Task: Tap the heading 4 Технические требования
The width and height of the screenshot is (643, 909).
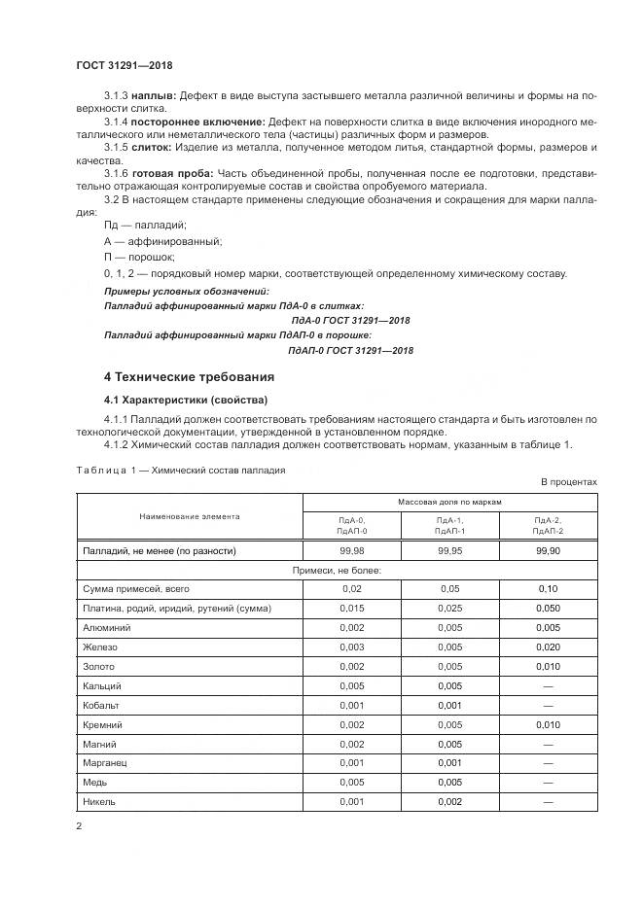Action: tap(189, 376)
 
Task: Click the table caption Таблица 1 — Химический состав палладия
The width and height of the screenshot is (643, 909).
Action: tap(180, 470)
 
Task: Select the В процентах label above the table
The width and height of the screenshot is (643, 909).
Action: tap(568, 482)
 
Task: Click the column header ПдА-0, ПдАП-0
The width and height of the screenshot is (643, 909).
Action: tap(351, 526)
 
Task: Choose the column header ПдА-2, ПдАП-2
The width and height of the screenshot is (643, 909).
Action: tap(548, 526)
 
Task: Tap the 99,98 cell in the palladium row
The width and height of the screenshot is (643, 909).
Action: tap(351, 550)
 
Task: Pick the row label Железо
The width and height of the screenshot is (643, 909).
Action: tap(101, 647)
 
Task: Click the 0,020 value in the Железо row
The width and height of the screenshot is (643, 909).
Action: tap(548, 647)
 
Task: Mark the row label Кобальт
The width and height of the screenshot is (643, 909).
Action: tap(103, 705)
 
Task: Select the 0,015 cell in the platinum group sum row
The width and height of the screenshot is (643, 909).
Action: tap(351, 608)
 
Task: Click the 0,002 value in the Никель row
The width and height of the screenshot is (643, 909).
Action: tap(449, 801)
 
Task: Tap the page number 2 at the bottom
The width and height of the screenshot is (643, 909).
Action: tap(79, 826)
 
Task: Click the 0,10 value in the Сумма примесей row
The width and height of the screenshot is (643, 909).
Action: tap(548, 589)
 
